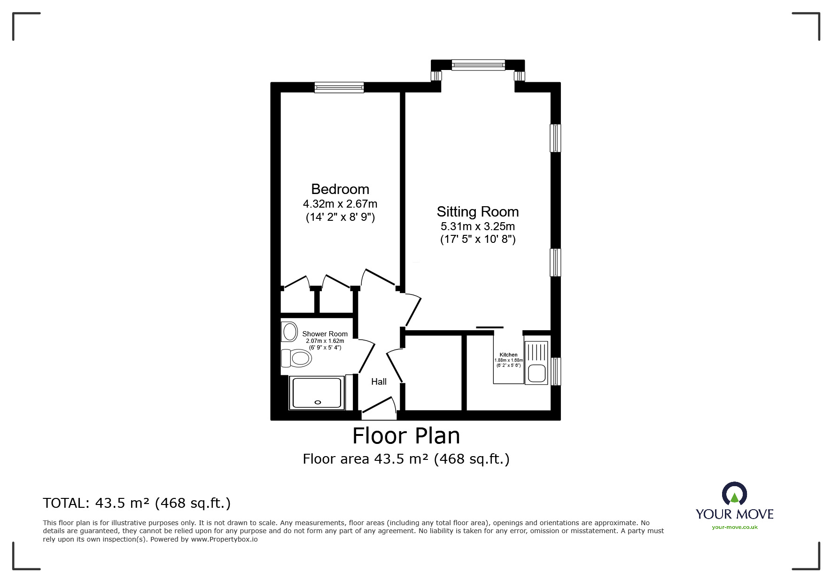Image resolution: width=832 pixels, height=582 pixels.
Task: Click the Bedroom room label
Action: [x=340, y=189]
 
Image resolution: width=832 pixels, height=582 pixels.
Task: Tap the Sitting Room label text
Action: [x=477, y=211]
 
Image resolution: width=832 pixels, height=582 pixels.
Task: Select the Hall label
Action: [x=379, y=381]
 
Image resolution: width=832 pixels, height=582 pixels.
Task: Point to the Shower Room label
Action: [x=325, y=334]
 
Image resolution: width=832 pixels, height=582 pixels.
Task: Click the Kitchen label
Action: [x=508, y=355]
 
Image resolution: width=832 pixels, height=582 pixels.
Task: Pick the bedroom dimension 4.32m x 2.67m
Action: [x=340, y=204]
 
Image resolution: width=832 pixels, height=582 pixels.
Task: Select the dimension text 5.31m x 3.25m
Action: [x=477, y=226]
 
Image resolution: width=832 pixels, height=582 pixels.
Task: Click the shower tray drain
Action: [x=317, y=402]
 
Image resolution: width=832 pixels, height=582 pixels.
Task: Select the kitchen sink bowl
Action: [x=537, y=373]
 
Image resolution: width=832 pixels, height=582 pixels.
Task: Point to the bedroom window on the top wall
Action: [x=339, y=87]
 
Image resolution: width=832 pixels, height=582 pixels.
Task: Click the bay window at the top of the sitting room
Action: [x=478, y=65]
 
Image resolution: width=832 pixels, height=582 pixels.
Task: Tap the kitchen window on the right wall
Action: [x=556, y=371]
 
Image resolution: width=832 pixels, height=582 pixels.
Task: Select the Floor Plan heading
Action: [x=406, y=436]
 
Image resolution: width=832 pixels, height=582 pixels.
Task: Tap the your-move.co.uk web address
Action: [x=734, y=527]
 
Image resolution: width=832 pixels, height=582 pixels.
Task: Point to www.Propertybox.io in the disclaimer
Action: [x=224, y=539]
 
